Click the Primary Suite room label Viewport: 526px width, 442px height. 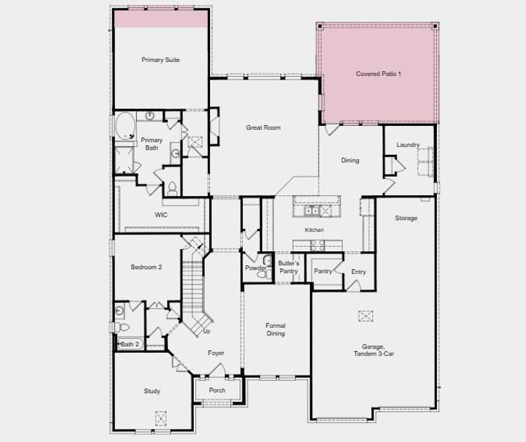161,60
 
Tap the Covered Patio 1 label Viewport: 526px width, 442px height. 378,74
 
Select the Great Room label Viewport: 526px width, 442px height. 263,127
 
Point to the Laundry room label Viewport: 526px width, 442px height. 407,145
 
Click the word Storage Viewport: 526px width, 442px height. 406,218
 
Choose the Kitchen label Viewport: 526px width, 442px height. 315,231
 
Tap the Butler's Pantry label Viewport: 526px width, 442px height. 288,267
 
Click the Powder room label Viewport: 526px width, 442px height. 256,268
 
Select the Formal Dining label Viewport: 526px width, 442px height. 276,329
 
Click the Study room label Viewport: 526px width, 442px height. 151,391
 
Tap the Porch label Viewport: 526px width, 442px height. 217,390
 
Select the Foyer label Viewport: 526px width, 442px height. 216,354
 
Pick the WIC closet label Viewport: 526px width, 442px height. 161,215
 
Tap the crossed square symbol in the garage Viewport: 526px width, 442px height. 366,316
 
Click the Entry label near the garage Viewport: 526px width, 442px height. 358,272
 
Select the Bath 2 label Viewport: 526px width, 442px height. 130,344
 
